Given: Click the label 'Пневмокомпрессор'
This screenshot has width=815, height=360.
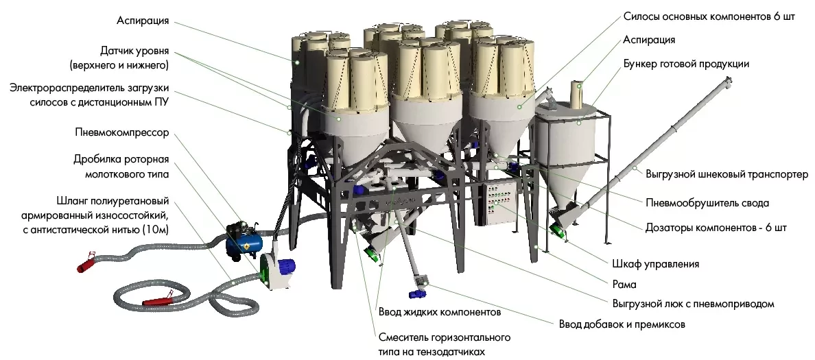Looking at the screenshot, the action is [x=121, y=132].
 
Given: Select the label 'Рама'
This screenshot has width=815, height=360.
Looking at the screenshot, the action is [x=624, y=284].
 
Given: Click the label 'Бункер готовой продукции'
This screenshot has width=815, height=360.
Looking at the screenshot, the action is [x=686, y=64].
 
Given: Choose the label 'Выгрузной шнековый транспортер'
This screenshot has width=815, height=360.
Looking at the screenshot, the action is [x=727, y=174].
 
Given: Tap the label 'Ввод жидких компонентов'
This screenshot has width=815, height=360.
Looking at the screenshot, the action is [x=440, y=312].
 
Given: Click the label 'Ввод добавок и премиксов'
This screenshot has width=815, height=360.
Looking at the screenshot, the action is [x=622, y=324].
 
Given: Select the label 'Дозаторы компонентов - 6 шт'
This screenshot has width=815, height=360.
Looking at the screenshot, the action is [x=716, y=228].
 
